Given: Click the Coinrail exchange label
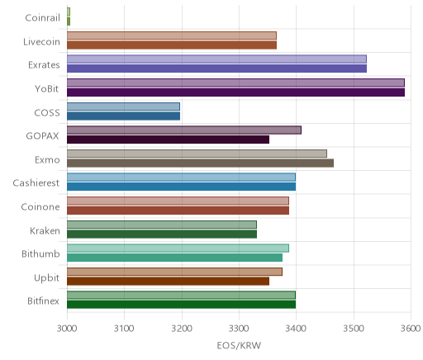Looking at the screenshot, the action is coord(42,18).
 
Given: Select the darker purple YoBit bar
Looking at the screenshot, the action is coord(235,92).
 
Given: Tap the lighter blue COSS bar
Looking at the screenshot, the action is coord(123,107).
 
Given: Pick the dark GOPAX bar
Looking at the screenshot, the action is coord(168,140).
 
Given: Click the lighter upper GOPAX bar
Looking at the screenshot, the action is coord(184,130).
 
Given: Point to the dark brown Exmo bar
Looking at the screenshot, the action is coord(200,163).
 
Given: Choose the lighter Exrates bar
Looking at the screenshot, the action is coord(216,59).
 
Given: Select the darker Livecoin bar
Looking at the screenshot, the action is coord(172,45).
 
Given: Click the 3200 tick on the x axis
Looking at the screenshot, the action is coord(182,329).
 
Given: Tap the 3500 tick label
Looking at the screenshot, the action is coord(354,329).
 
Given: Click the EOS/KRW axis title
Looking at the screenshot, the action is coord(239,345).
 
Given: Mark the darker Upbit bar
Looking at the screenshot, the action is coord(168,282).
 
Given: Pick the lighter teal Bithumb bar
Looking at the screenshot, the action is coord(178,249).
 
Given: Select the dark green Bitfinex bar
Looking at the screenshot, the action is coord(181,305).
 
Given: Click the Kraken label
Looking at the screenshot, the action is coord(45,230).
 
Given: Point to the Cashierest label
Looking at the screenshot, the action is coord(36,183).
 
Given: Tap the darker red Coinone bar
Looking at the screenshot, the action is coord(178,211).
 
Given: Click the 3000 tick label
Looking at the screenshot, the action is coord(67,329).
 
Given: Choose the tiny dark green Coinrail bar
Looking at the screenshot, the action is coord(69,21).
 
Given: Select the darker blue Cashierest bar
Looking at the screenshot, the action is coord(181,187).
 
